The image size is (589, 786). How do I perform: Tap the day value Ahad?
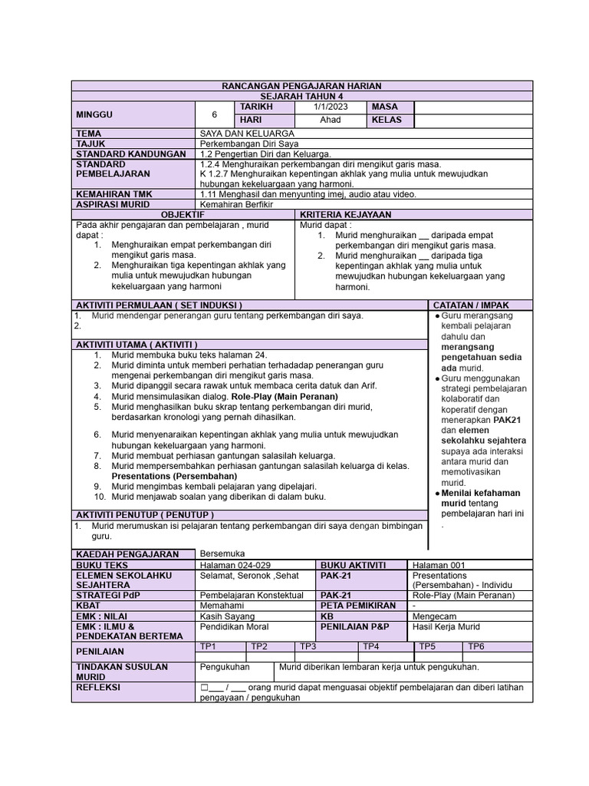click(331, 121)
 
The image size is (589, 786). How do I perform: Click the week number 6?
click(215, 114)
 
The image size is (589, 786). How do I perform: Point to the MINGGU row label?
click(94, 114)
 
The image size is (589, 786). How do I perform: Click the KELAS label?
click(387, 121)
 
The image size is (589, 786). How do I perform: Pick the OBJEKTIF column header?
click(183, 215)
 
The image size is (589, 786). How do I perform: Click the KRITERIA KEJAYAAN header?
click(346, 215)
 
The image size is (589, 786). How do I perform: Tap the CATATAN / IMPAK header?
click(471, 305)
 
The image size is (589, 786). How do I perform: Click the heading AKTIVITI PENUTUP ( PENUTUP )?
click(145, 514)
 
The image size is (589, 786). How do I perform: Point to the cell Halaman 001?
click(439, 565)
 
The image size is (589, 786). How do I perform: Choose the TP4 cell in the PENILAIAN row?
click(371, 646)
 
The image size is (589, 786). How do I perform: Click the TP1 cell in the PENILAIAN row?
click(209, 646)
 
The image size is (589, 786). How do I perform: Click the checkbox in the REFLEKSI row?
click(203, 687)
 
